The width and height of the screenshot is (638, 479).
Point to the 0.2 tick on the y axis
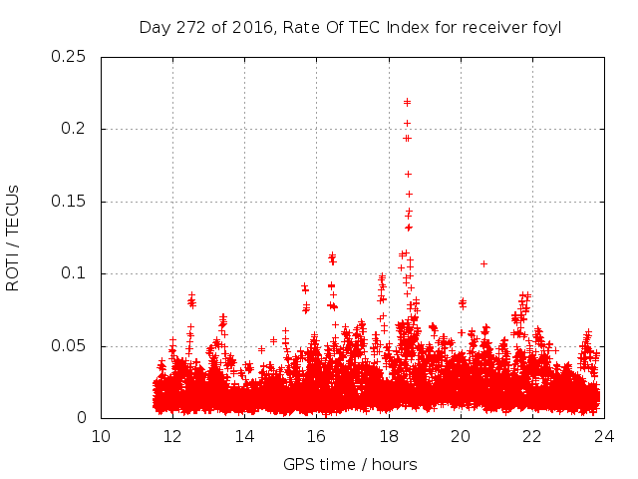click(x=75, y=129)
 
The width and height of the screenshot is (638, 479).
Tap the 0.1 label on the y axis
click(x=75, y=273)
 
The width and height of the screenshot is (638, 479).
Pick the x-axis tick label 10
click(x=101, y=436)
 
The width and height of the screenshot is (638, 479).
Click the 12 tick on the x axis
click(x=172, y=436)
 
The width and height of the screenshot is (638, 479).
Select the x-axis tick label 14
click(x=244, y=436)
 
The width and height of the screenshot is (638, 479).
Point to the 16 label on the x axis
click(x=316, y=436)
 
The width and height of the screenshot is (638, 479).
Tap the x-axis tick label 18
click(x=389, y=436)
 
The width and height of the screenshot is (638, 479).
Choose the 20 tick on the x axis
click(x=461, y=436)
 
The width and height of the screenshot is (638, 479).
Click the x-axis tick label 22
click(x=532, y=436)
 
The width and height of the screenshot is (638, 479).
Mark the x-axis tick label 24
click(x=604, y=436)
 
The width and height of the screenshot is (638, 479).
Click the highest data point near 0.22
click(x=407, y=101)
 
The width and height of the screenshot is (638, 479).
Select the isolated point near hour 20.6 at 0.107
click(x=483, y=263)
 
